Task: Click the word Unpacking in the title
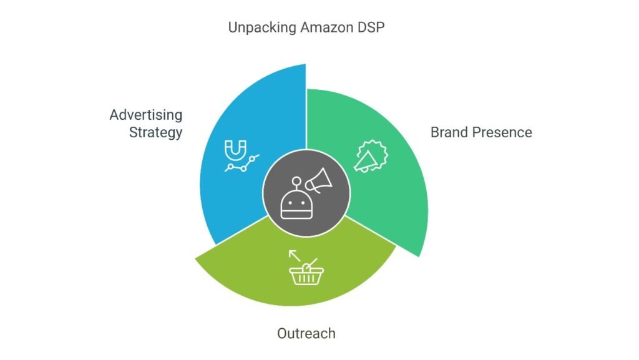262,27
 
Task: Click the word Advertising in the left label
146,115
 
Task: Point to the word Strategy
155,133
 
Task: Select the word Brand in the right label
449,132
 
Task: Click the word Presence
502,132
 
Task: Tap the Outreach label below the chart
306,334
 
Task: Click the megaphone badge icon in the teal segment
371,157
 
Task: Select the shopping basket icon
306,273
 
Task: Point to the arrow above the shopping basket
295,255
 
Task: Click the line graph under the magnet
242,163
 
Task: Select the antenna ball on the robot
296,181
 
